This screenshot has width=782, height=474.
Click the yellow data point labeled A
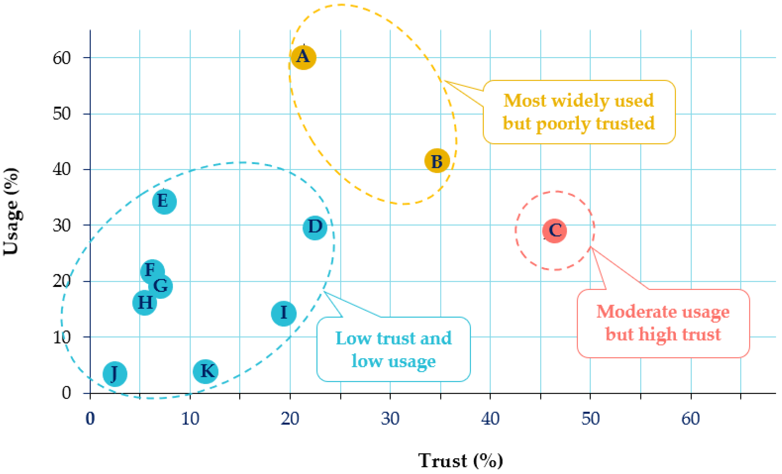coord(303,57)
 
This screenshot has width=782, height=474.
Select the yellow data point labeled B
coord(437,161)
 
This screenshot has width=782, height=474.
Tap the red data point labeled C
coord(554,231)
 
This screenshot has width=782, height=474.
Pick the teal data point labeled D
coord(315,228)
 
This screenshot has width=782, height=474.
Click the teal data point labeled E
coord(164,202)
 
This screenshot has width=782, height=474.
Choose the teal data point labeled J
coord(115,374)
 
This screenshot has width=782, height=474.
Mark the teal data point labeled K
coord(206,371)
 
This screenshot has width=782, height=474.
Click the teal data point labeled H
coord(145,303)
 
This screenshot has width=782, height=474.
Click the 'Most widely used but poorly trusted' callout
coord(579,112)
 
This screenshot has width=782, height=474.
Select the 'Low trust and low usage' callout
coord(394,349)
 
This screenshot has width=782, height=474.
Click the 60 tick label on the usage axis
coord(61,58)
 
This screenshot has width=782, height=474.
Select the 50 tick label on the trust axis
coord(590,418)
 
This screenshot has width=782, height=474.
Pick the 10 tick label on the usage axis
coord(61,337)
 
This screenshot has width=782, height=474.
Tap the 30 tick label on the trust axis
coord(390,418)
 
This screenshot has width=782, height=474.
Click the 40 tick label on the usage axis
coord(61,169)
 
